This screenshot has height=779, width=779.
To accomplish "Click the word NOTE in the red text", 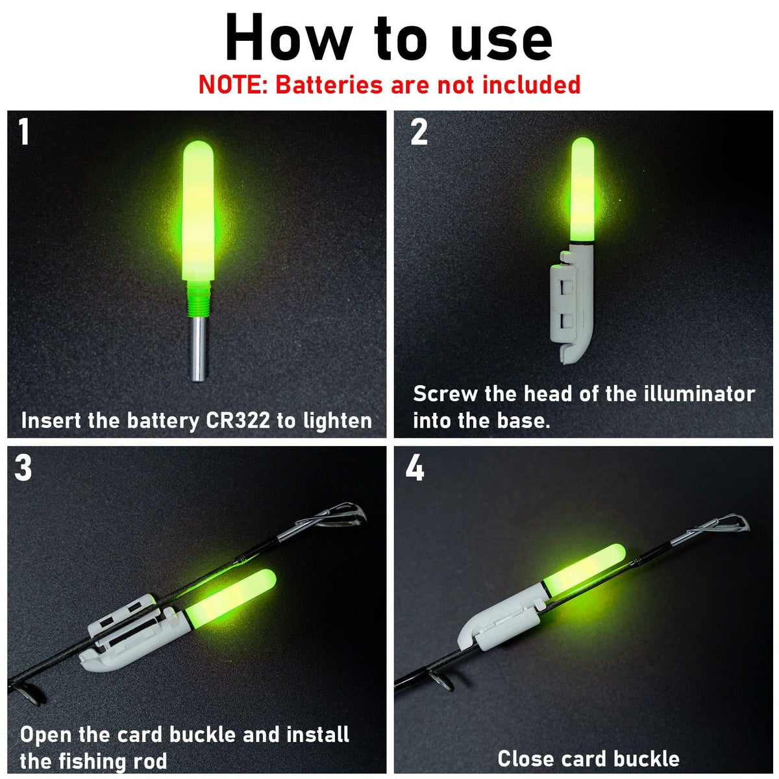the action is (x=232, y=85).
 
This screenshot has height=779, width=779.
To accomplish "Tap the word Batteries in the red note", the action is (x=329, y=85).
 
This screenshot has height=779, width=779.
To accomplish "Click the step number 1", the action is (x=24, y=131).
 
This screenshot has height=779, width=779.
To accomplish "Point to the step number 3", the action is (x=23, y=467).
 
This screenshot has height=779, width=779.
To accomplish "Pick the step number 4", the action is (x=415, y=467).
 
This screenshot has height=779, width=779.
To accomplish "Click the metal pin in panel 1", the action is (x=199, y=349).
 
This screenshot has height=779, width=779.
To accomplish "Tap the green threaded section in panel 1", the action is (x=199, y=299).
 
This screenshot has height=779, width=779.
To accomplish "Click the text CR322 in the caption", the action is (x=238, y=421).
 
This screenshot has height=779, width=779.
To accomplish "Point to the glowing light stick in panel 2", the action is (x=582, y=189).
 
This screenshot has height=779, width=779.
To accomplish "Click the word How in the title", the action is (x=289, y=38).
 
